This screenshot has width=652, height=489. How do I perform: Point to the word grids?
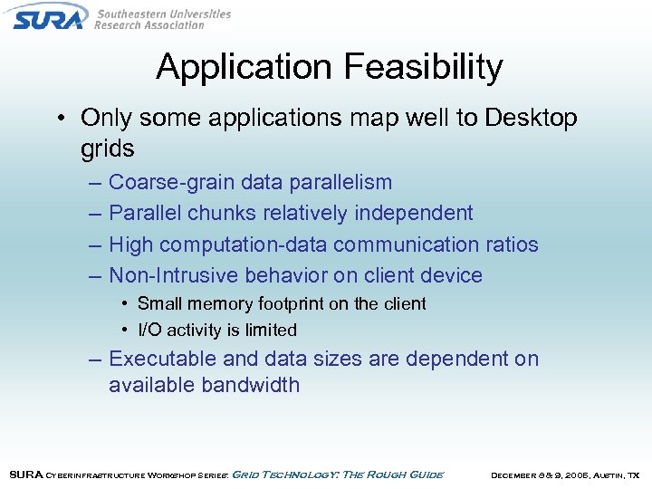tap(107, 149)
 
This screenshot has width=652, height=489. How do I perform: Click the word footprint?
tap(293, 304)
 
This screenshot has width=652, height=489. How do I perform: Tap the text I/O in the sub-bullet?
tap(150, 331)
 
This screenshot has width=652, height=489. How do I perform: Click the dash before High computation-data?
tap(96, 244)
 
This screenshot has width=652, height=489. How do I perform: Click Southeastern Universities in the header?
tap(163, 14)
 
